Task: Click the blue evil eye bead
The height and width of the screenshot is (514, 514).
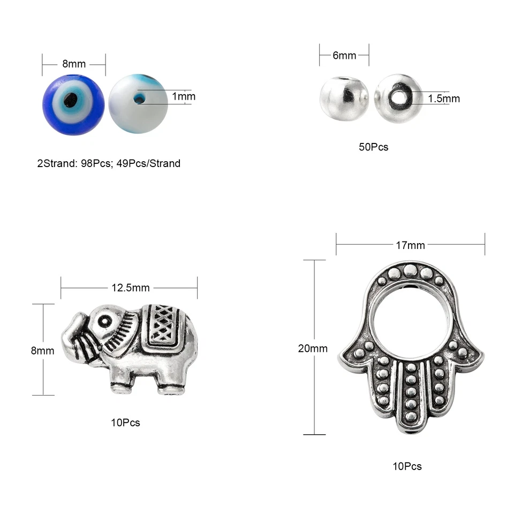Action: pos(73,104)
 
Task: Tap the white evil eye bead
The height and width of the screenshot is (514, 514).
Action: pos(138,103)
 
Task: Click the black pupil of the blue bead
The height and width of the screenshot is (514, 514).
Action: pos(71,100)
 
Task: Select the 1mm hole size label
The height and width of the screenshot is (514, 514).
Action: pos(184,96)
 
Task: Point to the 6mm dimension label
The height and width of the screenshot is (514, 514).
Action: pos(344,55)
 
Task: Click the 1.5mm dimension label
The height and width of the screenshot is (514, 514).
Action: pos(444,99)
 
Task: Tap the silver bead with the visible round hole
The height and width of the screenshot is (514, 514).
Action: pos(398,99)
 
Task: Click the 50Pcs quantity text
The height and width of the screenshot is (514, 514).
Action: pos(373,147)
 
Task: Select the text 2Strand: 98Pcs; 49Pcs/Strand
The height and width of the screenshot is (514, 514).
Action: pos(109,163)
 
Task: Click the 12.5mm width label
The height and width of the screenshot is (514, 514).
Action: pos(131,288)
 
